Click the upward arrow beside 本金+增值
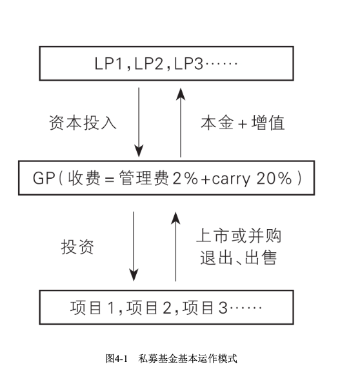(181, 123)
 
